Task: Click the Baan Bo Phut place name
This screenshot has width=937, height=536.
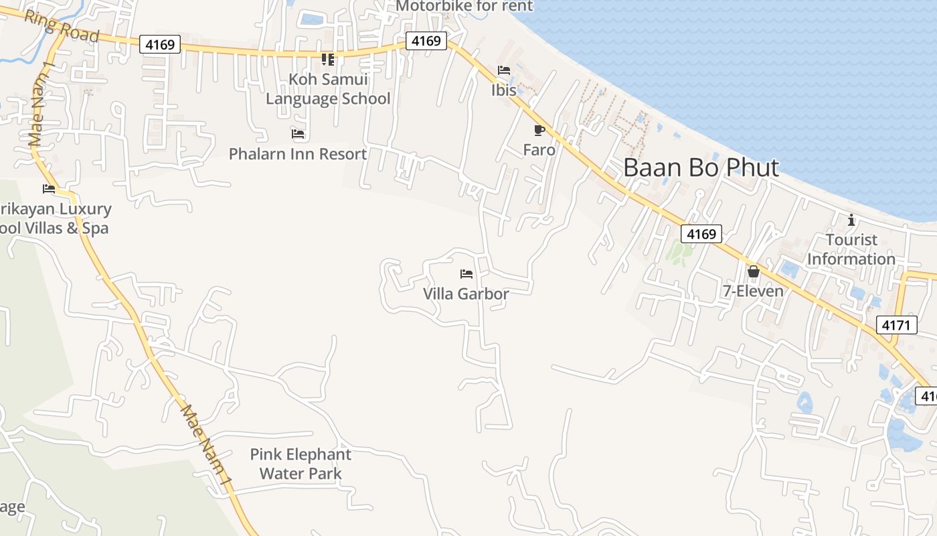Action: click(701, 167)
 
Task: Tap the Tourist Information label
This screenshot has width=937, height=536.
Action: click(851, 249)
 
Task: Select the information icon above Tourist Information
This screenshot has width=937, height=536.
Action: click(851, 220)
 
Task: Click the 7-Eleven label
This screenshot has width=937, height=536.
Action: click(753, 291)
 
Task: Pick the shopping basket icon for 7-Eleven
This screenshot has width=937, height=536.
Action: click(753, 272)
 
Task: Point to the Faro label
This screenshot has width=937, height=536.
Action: click(539, 150)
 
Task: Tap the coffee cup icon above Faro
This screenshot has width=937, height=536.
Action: click(539, 131)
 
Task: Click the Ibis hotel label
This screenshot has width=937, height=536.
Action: click(504, 90)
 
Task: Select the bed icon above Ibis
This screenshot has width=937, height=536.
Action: click(504, 70)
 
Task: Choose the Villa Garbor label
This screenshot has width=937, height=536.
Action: click(466, 293)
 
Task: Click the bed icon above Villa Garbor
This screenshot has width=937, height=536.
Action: click(466, 274)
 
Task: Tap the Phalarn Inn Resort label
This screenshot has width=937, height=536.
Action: click(298, 154)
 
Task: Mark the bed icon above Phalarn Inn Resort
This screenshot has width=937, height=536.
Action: click(298, 134)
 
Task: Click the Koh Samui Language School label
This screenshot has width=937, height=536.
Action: click(328, 89)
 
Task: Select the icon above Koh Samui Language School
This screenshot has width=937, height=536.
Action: click(328, 60)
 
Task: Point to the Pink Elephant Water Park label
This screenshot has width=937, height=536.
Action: click(301, 464)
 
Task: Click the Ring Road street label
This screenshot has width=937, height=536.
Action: click(62, 26)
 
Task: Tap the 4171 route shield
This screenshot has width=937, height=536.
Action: click(896, 326)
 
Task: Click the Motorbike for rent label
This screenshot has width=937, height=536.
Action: click(464, 7)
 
